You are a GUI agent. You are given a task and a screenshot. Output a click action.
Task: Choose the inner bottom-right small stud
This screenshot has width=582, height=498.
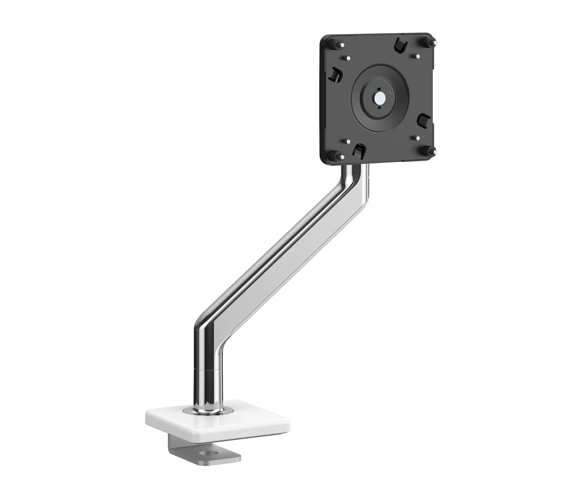point(417,138)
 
